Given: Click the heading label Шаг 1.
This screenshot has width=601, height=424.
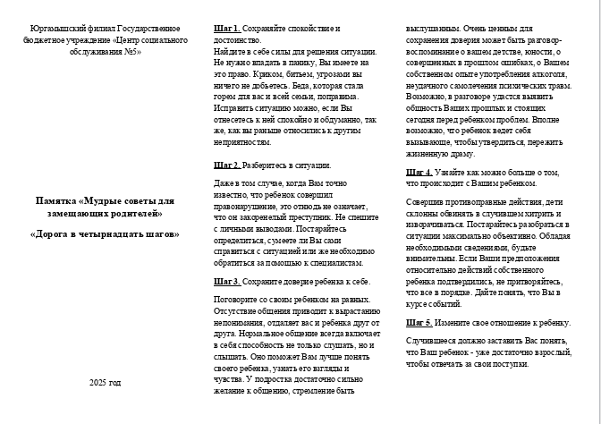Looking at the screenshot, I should pos(227,30).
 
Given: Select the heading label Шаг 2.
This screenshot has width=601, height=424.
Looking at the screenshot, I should pos(227,165).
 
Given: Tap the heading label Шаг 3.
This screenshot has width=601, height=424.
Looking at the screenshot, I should pos(227,281).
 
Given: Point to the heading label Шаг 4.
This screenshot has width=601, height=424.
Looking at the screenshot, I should pos(419,172).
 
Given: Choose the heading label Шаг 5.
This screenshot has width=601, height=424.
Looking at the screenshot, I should pos(419,322).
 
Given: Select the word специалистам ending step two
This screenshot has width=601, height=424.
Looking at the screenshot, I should pos(335,263).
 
